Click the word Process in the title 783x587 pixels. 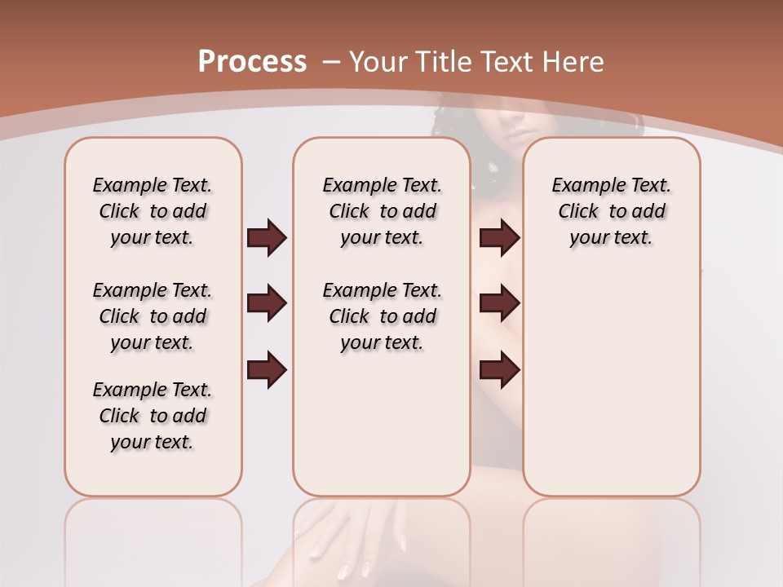pyautogui.click(x=252, y=62)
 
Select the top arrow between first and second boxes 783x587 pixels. pyautogui.click(x=267, y=238)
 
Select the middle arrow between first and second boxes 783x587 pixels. pyautogui.click(x=267, y=304)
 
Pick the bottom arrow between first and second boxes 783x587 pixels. pyautogui.click(x=267, y=370)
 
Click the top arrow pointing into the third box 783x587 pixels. pyautogui.click(x=499, y=238)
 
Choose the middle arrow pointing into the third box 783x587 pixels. pyautogui.click(x=499, y=304)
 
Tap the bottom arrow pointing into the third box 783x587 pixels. pyautogui.click(x=499, y=370)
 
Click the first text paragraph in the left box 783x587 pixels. pyautogui.click(x=153, y=211)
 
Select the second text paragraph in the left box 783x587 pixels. pyautogui.click(x=153, y=316)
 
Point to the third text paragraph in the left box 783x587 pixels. pyautogui.click(x=153, y=416)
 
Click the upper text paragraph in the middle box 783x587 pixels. pyautogui.click(x=382, y=211)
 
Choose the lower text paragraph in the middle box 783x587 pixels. pyautogui.click(x=382, y=316)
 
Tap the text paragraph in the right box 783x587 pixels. pyautogui.click(x=611, y=211)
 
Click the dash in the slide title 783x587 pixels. pyautogui.click(x=331, y=62)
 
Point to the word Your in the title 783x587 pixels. pyautogui.click(x=378, y=62)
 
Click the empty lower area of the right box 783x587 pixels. pyautogui.click(x=611, y=391)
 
